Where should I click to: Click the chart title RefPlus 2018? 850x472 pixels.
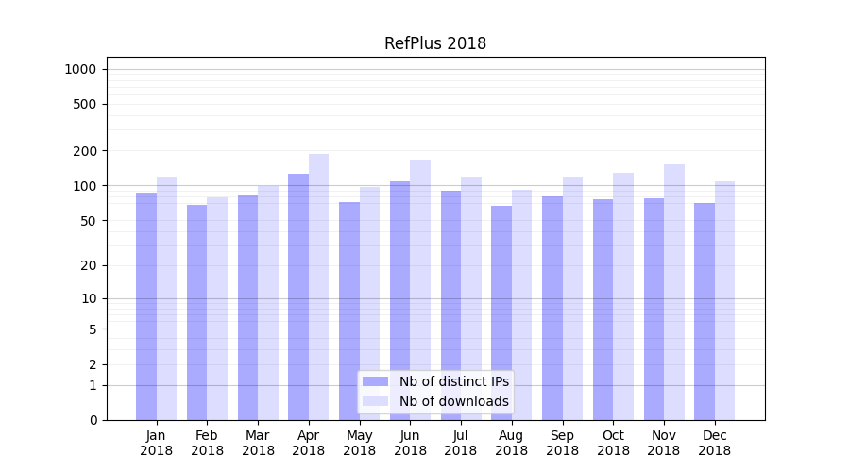tap(435, 43)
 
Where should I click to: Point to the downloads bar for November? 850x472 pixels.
tap(674, 292)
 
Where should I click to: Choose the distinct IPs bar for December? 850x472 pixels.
tap(705, 312)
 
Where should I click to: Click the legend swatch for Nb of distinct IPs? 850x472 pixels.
tap(376, 381)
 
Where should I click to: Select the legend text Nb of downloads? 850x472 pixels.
tap(454, 401)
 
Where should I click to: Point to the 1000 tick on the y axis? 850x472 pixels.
tap(80, 69)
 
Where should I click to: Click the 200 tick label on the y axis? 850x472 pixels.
tap(84, 151)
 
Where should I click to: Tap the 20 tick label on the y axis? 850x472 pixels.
tap(88, 265)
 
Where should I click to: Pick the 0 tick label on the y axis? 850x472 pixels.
tap(92, 420)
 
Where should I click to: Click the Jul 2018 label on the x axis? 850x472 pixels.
tap(461, 443)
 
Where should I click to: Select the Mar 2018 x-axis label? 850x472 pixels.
tap(258, 443)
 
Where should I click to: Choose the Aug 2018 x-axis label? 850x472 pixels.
tap(512, 443)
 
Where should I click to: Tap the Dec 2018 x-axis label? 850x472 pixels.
tap(715, 443)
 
